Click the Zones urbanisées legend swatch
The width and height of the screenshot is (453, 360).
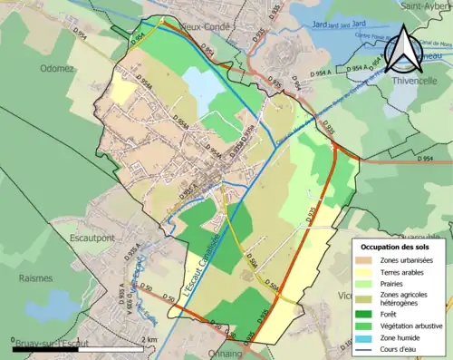(368, 260)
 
